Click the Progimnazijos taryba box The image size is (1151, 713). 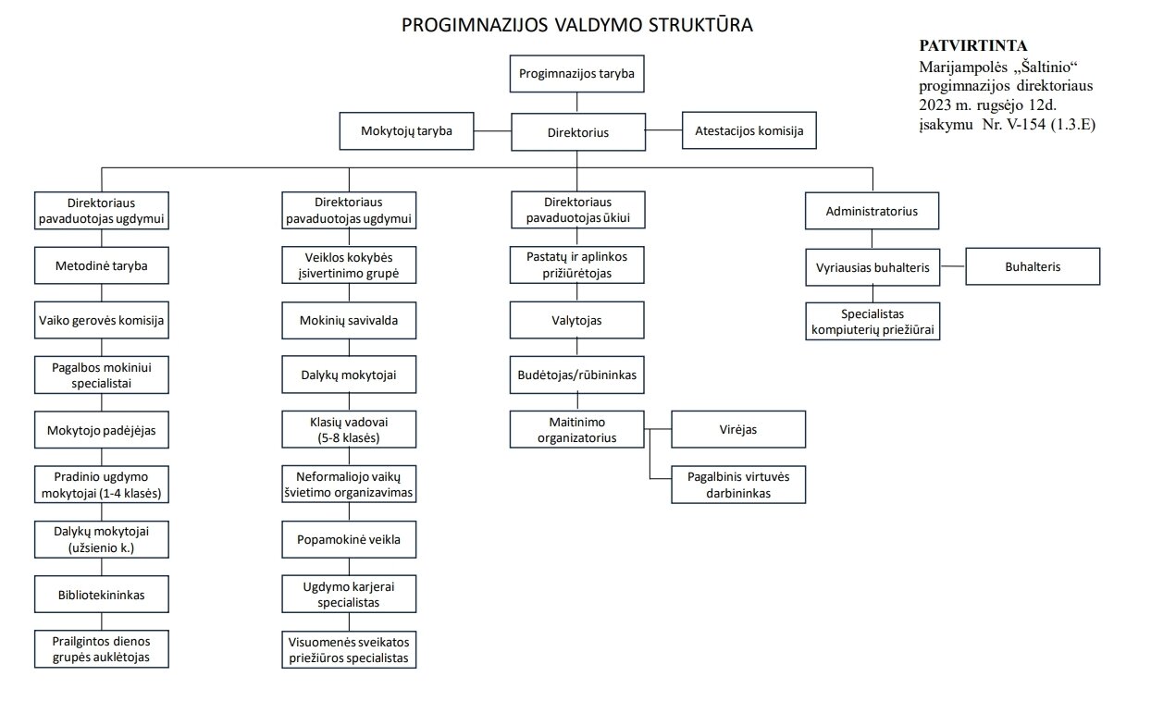tap(576, 74)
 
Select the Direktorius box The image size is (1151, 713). tap(578, 132)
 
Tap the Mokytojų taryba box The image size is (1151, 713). tap(406, 131)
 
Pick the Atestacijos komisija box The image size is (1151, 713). tap(749, 130)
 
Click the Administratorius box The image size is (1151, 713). tap(872, 211)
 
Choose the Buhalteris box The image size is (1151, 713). tap(1033, 266)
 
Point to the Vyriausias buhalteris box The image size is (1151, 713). tap(873, 267)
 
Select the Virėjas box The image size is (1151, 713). tap(738, 429)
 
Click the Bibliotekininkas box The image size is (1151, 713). tap(102, 595)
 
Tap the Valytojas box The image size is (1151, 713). tap(577, 320)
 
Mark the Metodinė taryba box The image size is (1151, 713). tap(102, 265)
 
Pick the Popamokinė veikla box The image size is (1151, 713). tap(349, 539)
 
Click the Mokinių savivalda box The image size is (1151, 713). tap(349, 320)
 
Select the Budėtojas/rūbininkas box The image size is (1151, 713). tap(577, 375)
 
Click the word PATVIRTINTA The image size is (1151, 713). tap(973, 45)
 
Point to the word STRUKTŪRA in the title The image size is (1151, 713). tap(700, 24)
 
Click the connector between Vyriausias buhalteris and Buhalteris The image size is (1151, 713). tap(953, 266)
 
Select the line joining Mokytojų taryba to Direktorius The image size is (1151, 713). tap(492, 131)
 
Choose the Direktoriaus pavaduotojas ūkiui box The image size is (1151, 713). tap(578, 210)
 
